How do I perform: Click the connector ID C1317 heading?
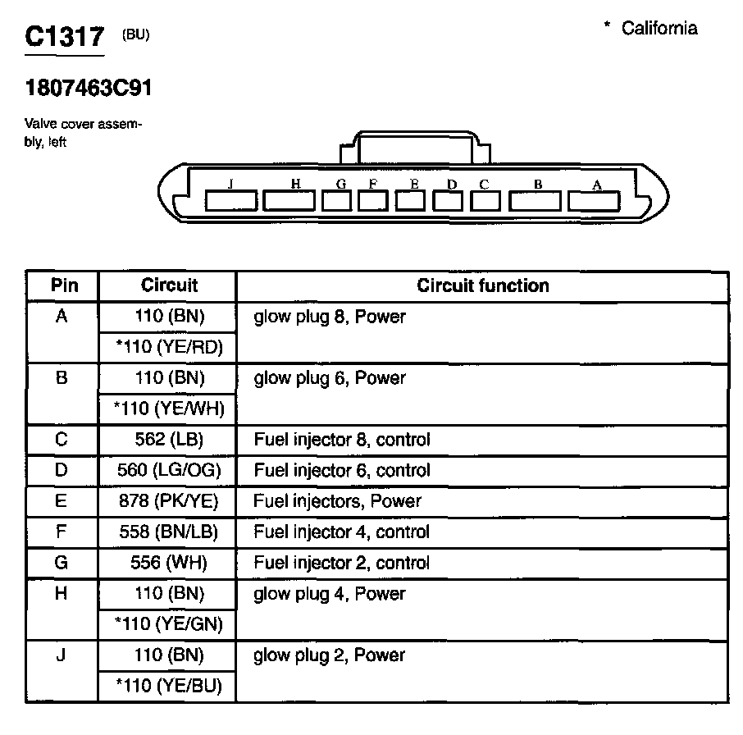coord(65,37)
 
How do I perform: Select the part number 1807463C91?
coord(89,88)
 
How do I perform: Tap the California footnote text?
coord(651,29)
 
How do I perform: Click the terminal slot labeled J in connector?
coord(230,199)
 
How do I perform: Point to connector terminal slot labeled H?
coord(289,199)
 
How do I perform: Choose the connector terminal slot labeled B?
coord(536,199)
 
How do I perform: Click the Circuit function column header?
coord(483,285)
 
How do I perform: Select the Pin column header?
coord(65,285)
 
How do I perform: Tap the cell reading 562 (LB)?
coord(167,440)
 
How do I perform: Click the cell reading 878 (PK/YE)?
coord(167,501)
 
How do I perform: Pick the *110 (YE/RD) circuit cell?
coord(167,347)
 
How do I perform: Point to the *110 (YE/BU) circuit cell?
coord(167,686)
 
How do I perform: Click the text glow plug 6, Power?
coord(330,378)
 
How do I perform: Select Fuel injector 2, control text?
coord(341,563)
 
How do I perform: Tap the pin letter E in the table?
coord(62,501)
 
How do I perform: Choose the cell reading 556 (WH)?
coord(167,563)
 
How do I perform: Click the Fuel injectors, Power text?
coord(337,501)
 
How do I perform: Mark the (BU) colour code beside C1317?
coord(135,34)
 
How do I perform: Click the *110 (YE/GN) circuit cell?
coord(167,624)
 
